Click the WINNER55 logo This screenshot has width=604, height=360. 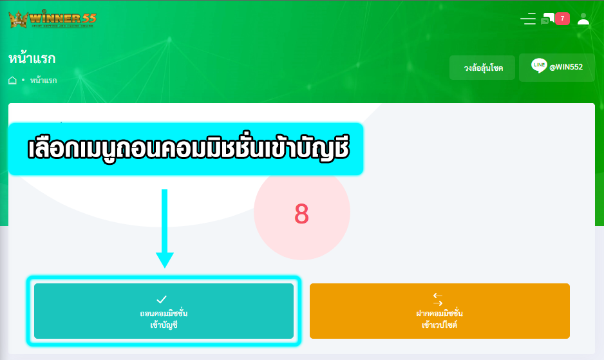coord(52,19)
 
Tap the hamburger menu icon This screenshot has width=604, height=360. coord(528,19)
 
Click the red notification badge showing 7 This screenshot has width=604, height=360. coord(562,19)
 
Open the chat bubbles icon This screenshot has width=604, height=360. coord(547,19)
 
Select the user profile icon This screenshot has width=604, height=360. coord(583,19)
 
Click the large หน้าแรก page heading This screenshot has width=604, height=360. coord(32,58)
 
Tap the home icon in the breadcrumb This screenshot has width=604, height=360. coord(12,80)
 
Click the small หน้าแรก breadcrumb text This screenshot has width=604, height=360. coord(44,80)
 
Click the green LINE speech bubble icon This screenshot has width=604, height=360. coord(539,66)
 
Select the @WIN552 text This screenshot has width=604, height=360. coord(566,67)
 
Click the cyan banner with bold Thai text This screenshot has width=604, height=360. coord(185,149)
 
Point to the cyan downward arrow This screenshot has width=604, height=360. coord(164,228)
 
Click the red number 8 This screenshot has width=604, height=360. coord(301,214)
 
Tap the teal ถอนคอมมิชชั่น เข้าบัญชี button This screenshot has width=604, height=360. coord(164,311)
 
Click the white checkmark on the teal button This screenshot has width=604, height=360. coord(162,299)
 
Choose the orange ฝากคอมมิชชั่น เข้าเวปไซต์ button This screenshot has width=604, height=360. coord(440,311)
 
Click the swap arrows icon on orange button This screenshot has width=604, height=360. coord(438,299)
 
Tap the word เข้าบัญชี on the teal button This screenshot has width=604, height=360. coord(164,325)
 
